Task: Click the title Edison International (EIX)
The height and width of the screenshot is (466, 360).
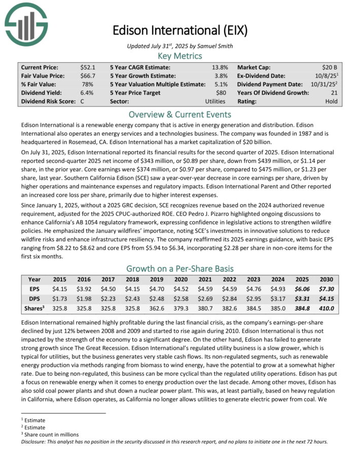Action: click(x=180, y=30)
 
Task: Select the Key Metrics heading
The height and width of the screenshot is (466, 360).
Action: click(x=179, y=56)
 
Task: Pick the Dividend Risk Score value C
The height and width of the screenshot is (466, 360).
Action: click(x=83, y=101)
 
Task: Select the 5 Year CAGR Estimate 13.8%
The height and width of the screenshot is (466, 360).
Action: click(x=220, y=67)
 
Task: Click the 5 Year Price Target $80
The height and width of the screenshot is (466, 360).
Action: click(x=222, y=93)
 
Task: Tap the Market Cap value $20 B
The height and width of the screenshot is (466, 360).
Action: click(x=332, y=67)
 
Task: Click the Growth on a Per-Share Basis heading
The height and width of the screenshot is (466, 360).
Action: click(x=179, y=268)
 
